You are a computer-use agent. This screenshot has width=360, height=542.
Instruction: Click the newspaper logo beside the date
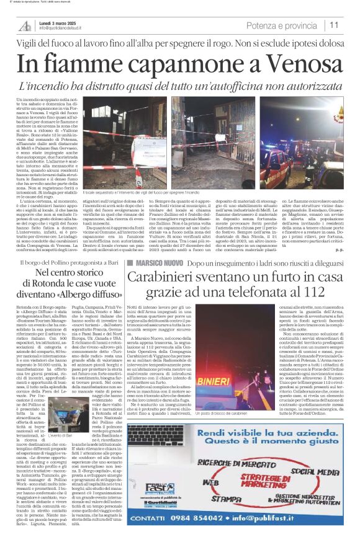pos(24,25)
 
